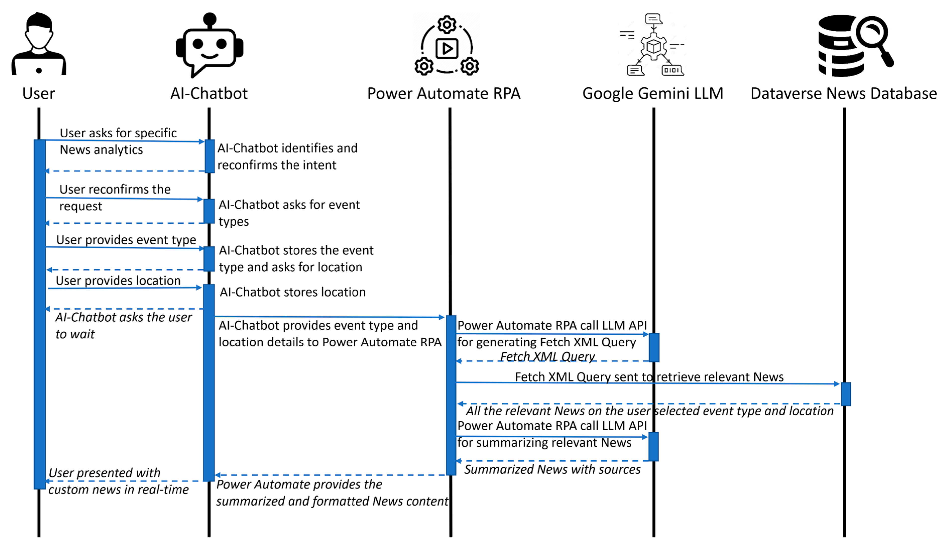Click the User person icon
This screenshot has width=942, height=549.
tap(39, 44)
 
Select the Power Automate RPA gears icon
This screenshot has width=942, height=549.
tap(447, 46)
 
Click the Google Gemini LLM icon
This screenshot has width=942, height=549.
tap(653, 45)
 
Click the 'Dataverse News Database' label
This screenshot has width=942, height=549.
tap(843, 93)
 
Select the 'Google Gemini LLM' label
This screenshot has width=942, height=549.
tap(653, 93)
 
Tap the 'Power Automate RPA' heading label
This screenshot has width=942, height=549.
tap(444, 93)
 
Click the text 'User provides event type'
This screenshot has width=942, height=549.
tap(126, 240)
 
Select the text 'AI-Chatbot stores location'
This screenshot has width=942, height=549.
tap(293, 292)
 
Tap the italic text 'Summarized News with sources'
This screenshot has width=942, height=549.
tap(552, 469)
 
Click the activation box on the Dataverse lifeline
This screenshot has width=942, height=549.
tap(846, 394)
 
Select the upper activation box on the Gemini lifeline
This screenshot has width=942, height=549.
tap(654, 347)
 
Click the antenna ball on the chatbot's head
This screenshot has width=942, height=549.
tap(209, 19)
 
